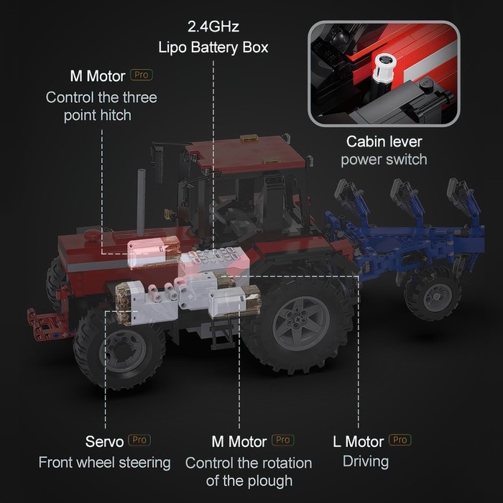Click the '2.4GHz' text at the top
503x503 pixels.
[213, 27]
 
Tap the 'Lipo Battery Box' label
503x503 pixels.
[213, 47]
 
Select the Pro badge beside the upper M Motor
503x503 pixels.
[142, 75]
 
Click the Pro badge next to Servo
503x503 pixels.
[139, 440]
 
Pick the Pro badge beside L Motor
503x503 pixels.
[400, 440]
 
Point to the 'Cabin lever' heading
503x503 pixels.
[384, 142]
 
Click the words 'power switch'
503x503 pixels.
[384, 160]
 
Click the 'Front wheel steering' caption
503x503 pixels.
[105, 463]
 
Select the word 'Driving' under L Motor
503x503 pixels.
[366, 462]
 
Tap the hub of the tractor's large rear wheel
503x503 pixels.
[301, 323]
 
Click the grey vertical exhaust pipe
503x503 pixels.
[141, 200]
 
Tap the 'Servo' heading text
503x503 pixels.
[105, 442]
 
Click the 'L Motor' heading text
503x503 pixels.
[359, 442]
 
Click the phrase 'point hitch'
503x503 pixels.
[98, 116]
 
